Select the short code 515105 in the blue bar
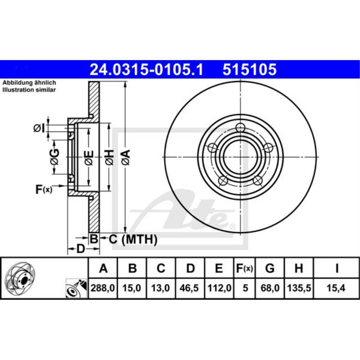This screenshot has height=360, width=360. coord(249,69)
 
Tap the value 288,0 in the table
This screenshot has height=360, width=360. coord(103,288)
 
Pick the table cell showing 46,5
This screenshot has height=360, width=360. coord(190,288)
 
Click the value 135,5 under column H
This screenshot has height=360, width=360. coord(298,288)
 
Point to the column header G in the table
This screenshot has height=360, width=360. coord(270,268)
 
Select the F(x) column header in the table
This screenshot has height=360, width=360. coord(245,268)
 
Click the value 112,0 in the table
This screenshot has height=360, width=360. coord(219,288)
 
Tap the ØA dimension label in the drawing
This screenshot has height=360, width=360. coord(126,157)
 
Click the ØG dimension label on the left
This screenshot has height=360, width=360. coord(54,157)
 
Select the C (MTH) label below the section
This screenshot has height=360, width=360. coord(133,239)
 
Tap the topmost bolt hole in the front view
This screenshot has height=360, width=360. coord(240,127)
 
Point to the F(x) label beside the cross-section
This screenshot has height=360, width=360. coord(44,189)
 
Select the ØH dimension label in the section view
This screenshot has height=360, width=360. coord(110,157)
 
